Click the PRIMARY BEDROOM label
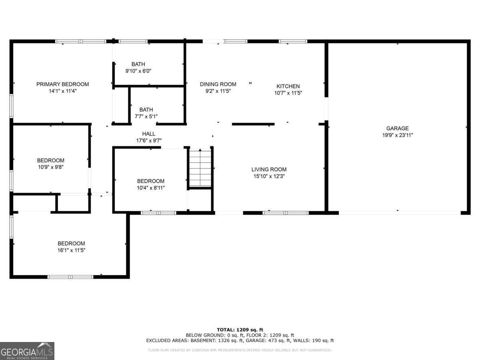[62, 84]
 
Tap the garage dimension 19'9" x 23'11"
[397, 135]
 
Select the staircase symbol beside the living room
[200, 168]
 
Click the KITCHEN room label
[288, 86]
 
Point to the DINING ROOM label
[218, 84]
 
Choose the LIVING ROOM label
[269, 169]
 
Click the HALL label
[148, 134]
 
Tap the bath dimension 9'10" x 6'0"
[138, 71]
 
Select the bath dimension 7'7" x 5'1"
[146, 116]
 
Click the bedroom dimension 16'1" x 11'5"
[71, 250]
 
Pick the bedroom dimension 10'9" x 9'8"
[50, 167]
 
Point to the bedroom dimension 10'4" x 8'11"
[150, 188]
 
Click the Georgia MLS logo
[27, 351]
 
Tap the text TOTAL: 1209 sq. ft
[240, 330]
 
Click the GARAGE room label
[397, 128]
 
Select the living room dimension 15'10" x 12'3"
[269, 176]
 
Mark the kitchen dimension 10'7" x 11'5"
[288, 93]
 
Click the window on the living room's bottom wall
[285, 213]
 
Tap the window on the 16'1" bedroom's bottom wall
[70, 276]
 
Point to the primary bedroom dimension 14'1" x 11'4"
[62, 91]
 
